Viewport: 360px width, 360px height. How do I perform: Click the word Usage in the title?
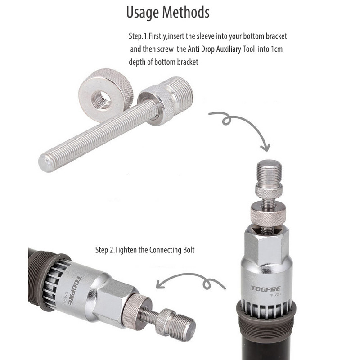(143, 13)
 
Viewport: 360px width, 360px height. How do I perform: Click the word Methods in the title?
(186, 12)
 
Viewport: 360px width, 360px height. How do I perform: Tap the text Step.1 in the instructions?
(138, 36)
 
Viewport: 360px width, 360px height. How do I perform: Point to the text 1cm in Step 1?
(276, 49)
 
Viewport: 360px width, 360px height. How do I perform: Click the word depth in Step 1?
(137, 62)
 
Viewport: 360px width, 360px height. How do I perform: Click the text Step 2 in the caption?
(104, 250)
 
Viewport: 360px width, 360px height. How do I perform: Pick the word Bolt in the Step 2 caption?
(189, 250)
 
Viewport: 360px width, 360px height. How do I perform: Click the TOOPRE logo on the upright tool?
(265, 288)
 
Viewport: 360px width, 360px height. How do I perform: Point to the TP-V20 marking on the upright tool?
(275, 295)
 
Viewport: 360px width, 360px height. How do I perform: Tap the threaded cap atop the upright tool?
(269, 173)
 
